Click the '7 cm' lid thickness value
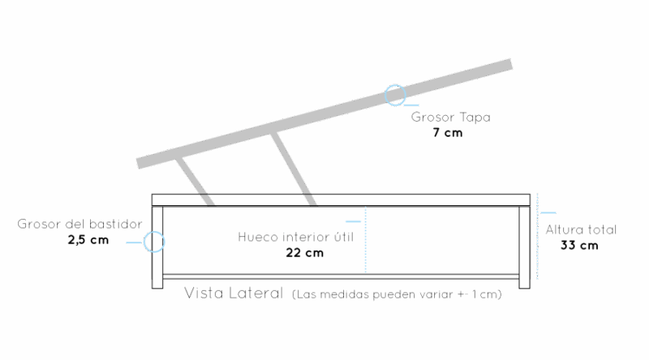(x=448, y=131)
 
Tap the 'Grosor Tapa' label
(x=450, y=117)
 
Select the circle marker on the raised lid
(x=395, y=95)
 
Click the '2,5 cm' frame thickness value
(x=88, y=239)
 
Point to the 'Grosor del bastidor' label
(x=80, y=224)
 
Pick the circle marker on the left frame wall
(x=154, y=241)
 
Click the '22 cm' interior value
(x=304, y=252)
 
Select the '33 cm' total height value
(x=579, y=245)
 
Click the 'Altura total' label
(x=581, y=229)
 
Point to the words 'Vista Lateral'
(x=233, y=293)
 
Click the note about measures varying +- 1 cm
(x=397, y=294)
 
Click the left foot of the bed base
(x=158, y=281)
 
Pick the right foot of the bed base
(x=524, y=281)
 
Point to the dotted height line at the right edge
(x=538, y=235)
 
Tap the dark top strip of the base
(x=341, y=199)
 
